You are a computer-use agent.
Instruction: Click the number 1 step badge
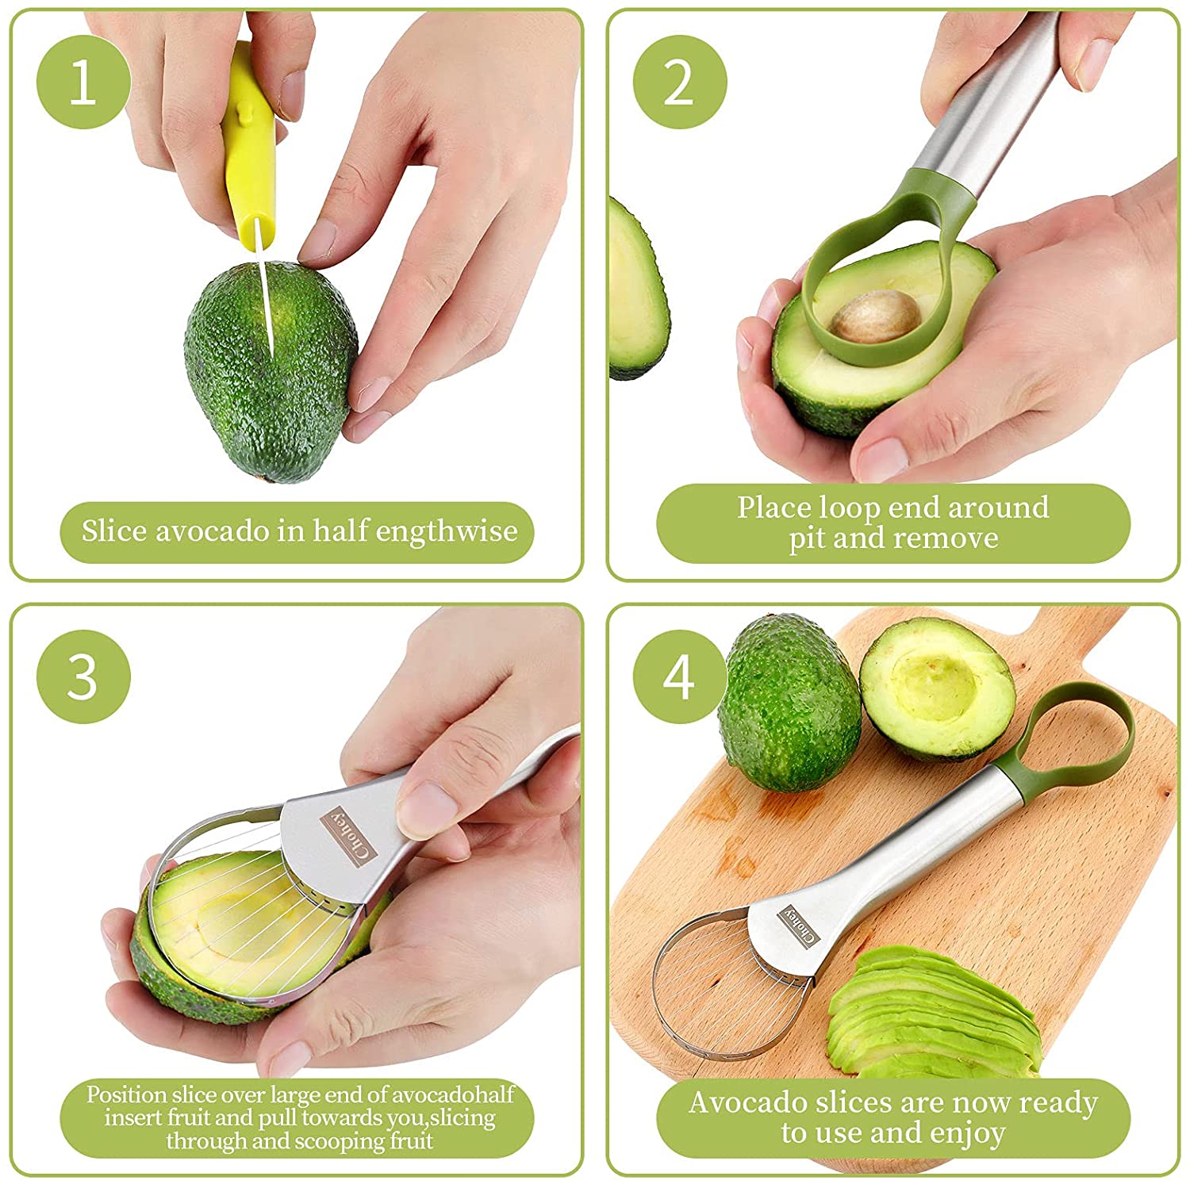(x=83, y=82)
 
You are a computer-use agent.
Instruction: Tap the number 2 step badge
(x=680, y=82)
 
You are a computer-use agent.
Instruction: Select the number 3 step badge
(x=83, y=676)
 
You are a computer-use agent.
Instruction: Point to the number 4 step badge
(x=680, y=676)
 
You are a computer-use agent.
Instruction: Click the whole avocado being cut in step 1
(x=270, y=373)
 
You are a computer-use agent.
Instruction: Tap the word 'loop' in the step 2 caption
(x=850, y=507)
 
